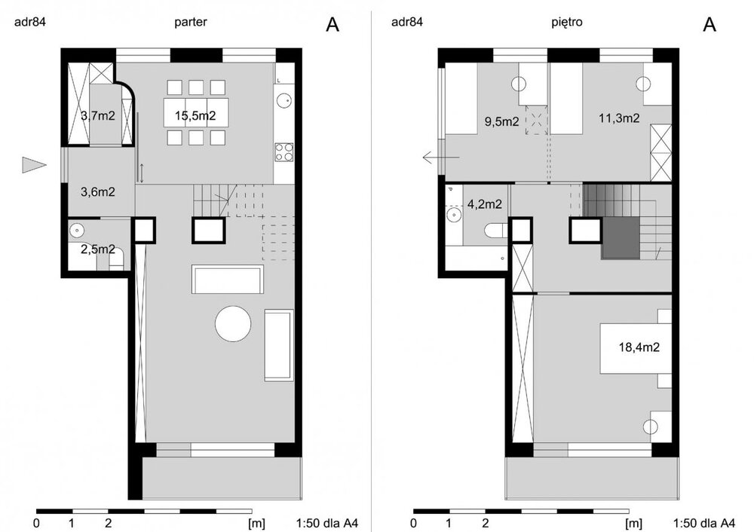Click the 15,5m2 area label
[x=195, y=116]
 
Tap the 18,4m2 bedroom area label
[x=639, y=347]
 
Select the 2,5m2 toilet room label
[x=97, y=249]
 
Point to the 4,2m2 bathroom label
[x=485, y=205]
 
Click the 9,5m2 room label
[x=501, y=121]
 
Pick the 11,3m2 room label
[x=619, y=118]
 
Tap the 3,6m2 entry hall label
[x=97, y=192]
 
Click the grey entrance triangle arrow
[x=34, y=165]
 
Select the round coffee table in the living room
[x=233, y=324]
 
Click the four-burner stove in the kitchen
[x=284, y=152]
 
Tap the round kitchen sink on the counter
[x=284, y=101]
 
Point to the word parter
[x=191, y=22]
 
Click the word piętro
[x=567, y=22]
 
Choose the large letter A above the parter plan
[x=333, y=25]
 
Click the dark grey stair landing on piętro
[x=621, y=238]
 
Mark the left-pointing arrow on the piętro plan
[x=441, y=157]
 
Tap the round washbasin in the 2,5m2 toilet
[x=76, y=231]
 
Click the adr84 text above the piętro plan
[x=407, y=22]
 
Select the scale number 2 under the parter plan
[x=108, y=523]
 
